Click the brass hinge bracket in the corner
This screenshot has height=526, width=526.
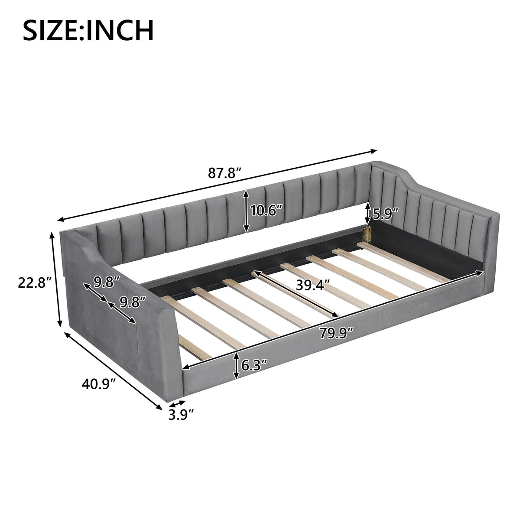point(367,234)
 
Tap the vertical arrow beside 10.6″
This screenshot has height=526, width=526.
point(246,211)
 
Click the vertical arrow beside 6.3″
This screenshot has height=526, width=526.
point(236,366)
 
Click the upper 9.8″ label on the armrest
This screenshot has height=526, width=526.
point(107,282)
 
